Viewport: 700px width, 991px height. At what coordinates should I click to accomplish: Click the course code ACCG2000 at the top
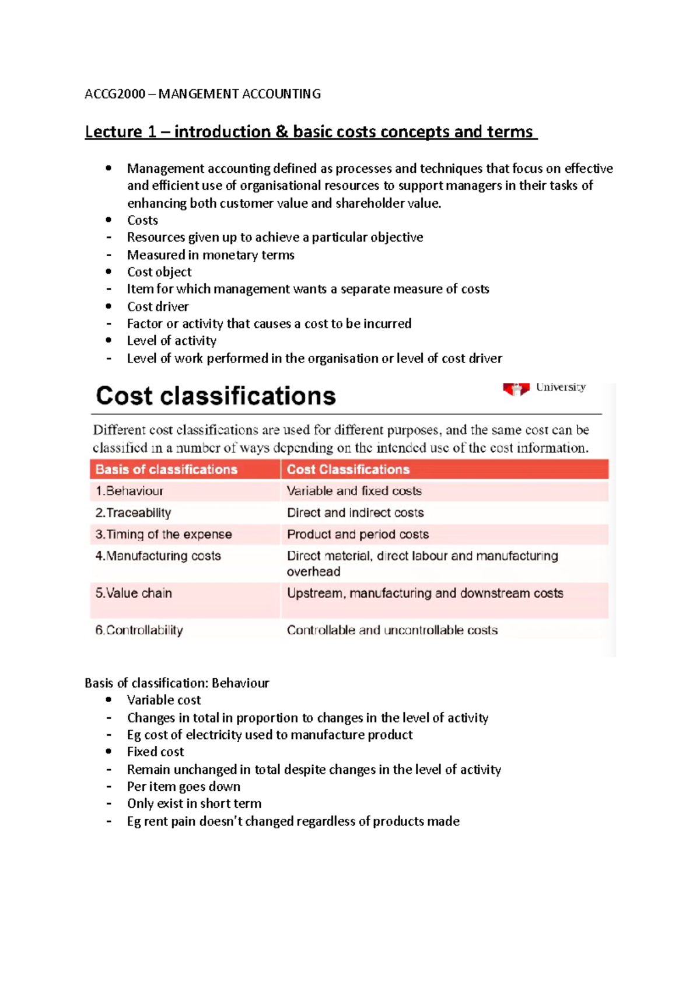[115, 94]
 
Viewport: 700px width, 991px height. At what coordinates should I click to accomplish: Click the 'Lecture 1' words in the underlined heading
[120, 132]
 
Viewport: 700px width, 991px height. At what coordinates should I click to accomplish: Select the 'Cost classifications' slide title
[215, 396]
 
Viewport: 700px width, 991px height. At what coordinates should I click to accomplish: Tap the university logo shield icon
[516, 389]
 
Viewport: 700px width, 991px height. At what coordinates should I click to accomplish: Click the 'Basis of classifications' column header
[166, 469]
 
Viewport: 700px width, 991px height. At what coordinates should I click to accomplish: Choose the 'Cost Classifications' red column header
[348, 469]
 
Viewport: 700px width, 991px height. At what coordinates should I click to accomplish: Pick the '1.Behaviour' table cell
[129, 491]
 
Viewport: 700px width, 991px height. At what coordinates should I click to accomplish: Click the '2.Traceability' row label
[133, 512]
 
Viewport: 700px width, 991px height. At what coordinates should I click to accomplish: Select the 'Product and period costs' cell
[358, 534]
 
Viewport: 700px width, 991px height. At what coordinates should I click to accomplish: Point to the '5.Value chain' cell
[134, 593]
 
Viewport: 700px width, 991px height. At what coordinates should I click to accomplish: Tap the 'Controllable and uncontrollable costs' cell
[392, 630]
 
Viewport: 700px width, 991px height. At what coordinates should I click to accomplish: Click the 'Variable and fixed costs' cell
[354, 491]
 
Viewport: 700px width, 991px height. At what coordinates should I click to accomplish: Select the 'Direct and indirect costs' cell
[355, 512]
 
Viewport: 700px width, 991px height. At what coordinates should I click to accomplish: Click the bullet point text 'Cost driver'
[157, 306]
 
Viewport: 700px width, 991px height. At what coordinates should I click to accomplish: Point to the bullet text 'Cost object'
[159, 272]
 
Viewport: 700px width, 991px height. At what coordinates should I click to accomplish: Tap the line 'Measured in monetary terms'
[211, 255]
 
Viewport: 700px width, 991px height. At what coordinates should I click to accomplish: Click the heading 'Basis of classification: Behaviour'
[177, 683]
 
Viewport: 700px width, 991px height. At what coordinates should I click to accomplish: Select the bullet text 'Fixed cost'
[155, 752]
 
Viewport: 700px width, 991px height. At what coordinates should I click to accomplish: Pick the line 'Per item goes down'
[184, 786]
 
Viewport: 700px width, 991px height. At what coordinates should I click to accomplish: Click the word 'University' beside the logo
[561, 387]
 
